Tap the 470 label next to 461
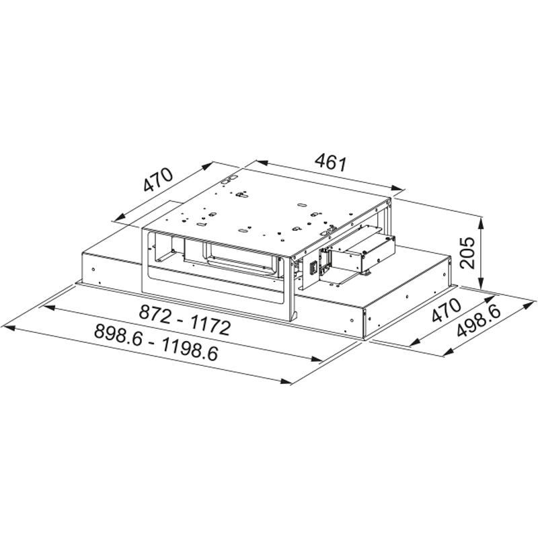tap(158, 180)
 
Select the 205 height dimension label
tap(467, 253)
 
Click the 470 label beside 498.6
tap(446, 310)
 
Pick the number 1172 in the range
tap(210, 326)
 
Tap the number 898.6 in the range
tap(118, 335)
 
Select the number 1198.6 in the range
tap(190, 350)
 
